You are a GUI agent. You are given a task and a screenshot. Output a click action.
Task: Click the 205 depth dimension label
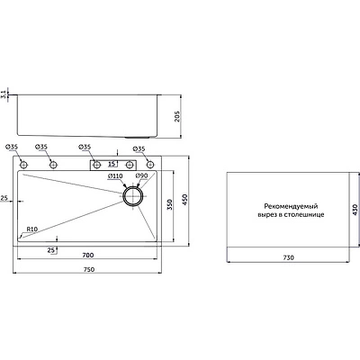(177, 116)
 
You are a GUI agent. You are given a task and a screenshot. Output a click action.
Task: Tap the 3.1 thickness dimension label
(4, 94)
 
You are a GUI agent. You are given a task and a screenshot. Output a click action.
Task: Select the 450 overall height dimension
(184, 200)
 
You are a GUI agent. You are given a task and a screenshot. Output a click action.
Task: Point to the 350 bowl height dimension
(170, 204)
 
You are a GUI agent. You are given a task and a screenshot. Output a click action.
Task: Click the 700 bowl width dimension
(88, 256)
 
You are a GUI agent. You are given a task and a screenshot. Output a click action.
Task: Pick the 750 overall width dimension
(89, 269)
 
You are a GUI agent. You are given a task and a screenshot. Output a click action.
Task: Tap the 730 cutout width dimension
(288, 257)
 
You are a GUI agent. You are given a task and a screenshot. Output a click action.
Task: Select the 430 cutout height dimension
(355, 210)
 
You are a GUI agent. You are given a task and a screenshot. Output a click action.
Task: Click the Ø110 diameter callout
(115, 176)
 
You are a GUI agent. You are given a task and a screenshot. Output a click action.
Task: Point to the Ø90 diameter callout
(141, 176)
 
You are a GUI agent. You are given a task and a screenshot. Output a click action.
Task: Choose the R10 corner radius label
(31, 229)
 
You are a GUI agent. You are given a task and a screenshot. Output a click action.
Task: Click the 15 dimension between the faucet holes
(112, 164)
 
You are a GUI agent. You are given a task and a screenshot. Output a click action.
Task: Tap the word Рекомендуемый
(291, 206)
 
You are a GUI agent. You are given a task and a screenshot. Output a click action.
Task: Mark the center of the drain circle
(133, 195)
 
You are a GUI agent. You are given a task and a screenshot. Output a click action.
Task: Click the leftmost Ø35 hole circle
(23, 165)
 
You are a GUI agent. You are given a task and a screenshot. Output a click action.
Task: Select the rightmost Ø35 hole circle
(150, 165)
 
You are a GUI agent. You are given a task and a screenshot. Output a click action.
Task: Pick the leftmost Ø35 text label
(12, 147)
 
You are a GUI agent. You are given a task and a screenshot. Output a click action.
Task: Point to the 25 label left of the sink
(4, 198)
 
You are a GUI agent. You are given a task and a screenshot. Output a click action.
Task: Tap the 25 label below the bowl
(51, 249)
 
